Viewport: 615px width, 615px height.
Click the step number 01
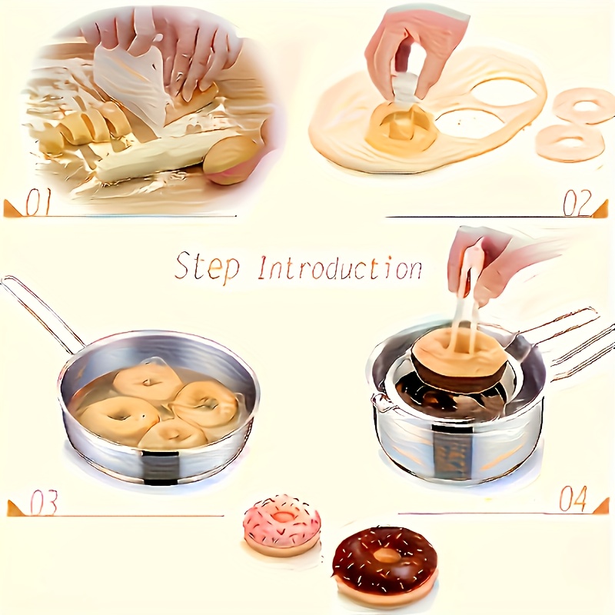click(38, 204)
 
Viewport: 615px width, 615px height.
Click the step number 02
click(577, 204)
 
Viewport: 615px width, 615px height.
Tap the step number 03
click(44, 503)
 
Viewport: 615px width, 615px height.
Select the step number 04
click(573, 498)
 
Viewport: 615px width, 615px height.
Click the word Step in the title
click(207, 266)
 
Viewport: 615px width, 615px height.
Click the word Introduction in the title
click(340, 267)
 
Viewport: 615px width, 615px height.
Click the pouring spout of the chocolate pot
click(377, 401)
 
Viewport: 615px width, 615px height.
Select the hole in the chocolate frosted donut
click(387, 556)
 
